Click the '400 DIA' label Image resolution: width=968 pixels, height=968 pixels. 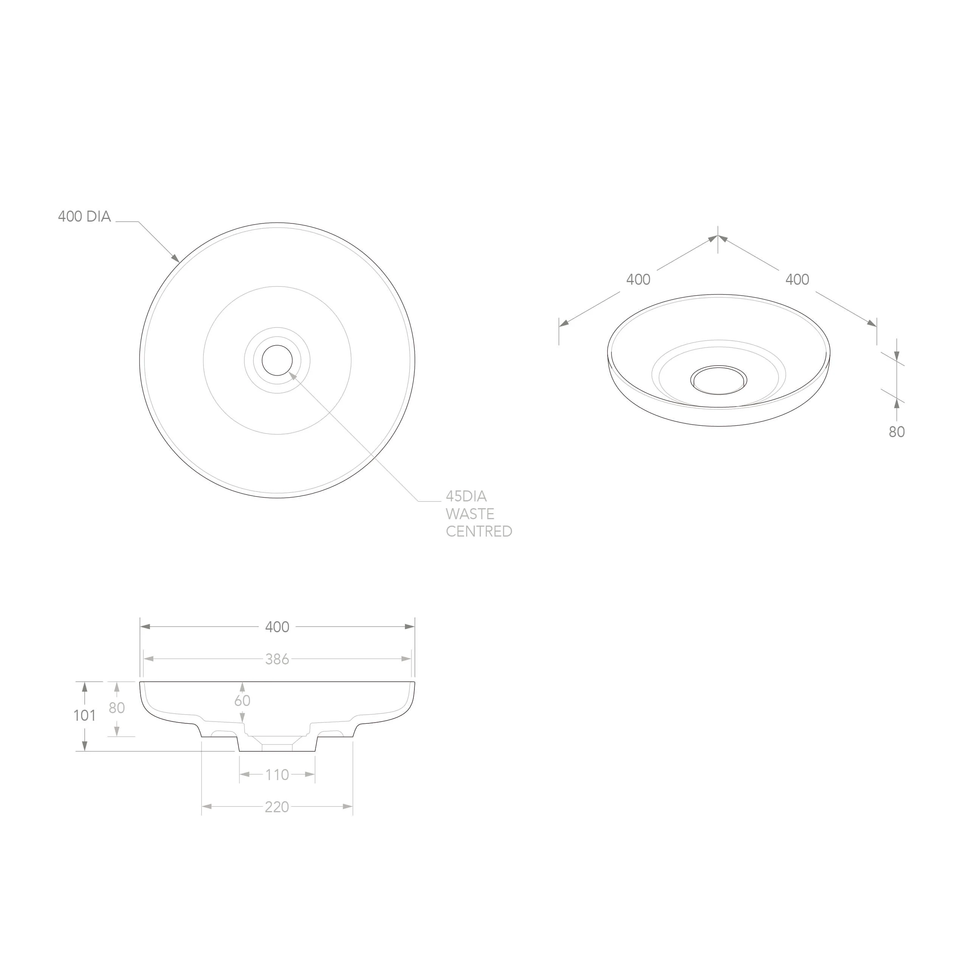pos(84,216)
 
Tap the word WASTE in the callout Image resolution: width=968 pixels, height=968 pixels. pos(470,513)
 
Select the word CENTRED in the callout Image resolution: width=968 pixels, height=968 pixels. pos(479,531)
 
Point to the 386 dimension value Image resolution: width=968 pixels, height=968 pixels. pos(277,659)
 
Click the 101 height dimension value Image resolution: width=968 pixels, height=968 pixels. pos(85,715)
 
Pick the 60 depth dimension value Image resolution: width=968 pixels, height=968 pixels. pos(242,700)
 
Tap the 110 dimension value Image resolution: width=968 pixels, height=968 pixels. pos(277,775)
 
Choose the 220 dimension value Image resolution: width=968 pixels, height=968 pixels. pos(277,807)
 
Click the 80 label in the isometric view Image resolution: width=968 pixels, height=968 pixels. pos(897,432)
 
